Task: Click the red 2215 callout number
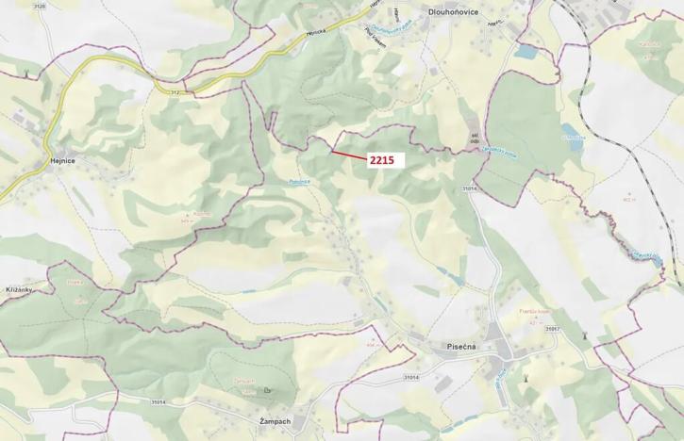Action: click(381, 160)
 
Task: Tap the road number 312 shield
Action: click(175, 92)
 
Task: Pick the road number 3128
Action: click(39, 6)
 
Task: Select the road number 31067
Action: click(552, 329)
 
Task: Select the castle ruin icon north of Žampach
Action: click(267, 388)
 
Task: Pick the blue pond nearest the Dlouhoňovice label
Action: click(526, 52)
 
